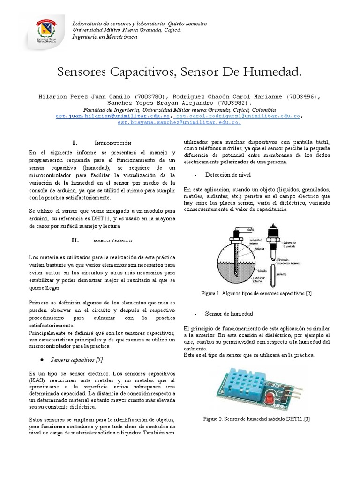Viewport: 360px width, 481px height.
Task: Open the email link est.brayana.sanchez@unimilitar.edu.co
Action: [180, 122]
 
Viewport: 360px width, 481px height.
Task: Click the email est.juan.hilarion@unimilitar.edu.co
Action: [112, 116]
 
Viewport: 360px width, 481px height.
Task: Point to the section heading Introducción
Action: [113, 143]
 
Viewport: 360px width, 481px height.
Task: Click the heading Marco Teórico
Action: [113, 240]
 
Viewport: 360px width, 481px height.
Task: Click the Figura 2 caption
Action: [257, 418]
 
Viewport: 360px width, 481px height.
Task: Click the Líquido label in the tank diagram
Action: [248, 271]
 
